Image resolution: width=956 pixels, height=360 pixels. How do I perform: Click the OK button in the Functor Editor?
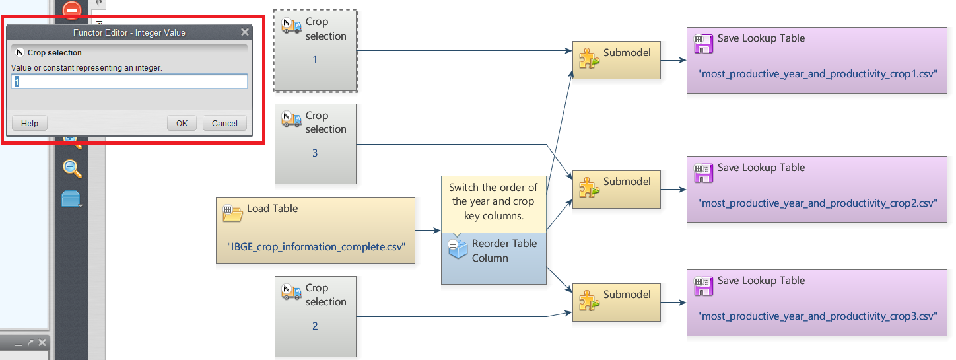[182, 123]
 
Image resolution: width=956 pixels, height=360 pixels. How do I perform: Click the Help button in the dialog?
[30, 123]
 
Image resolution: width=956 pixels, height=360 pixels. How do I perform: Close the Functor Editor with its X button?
[245, 32]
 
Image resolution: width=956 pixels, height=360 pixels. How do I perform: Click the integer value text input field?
[129, 81]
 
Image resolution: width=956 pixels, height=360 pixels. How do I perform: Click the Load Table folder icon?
[233, 213]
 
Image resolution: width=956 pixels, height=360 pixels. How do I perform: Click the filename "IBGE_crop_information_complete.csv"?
[316, 246]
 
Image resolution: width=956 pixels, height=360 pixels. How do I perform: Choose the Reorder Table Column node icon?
[458, 250]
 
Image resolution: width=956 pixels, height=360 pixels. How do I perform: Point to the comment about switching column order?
[493, 201]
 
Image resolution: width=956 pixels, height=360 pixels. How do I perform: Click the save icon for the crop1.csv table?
[703, 44]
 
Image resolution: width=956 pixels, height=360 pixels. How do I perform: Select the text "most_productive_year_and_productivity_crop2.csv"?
[819, 203]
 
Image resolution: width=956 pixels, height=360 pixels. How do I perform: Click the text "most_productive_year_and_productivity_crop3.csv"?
[819, 316]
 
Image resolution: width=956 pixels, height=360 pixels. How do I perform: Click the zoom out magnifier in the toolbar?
[72, 168]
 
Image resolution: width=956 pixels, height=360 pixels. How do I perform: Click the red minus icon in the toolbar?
[71, 9]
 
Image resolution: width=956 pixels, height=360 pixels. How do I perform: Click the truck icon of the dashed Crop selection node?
[291, 26]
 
